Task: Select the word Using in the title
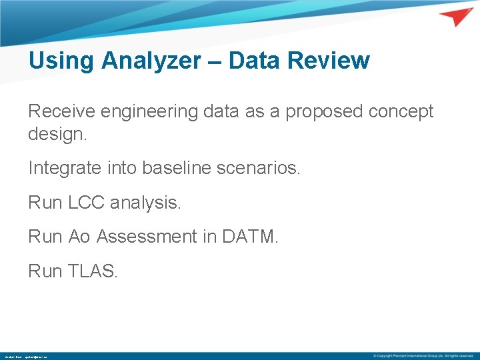[x=61, y=61]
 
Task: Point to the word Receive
[x=61, y=111]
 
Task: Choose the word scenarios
[x=264, y=168]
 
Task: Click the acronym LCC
[x=86, y=203]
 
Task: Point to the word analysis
[x=145, y=203]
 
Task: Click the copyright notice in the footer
[x=423, y=356]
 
